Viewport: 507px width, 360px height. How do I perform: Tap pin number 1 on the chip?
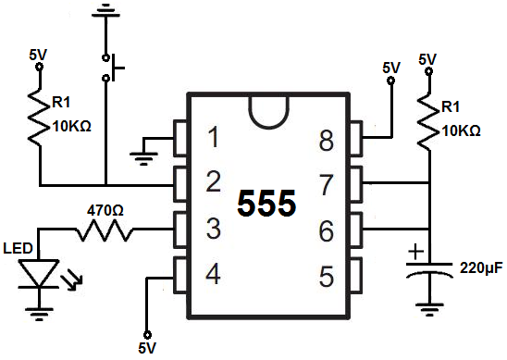click(x=213, y=140)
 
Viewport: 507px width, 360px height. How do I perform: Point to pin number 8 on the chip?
click(x=325, y=140)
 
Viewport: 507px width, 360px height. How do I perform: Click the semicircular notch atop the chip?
click(x=268, y=108)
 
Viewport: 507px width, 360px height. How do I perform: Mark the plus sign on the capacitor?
click(x=417, y=252)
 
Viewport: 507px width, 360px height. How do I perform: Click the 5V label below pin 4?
click(x=146, y=349)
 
